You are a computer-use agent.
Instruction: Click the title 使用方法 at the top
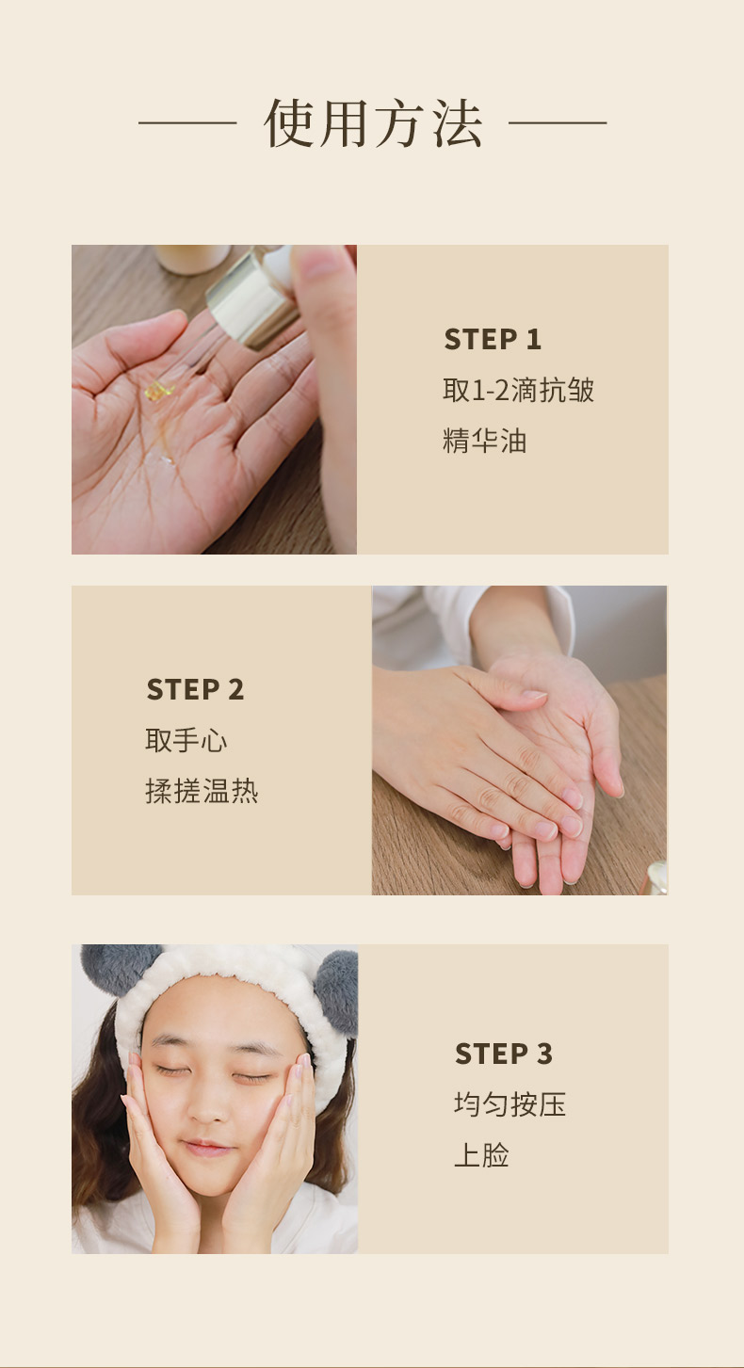pyautogui.click(x=373, y=123)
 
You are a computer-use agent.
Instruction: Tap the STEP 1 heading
pyautogui.click(x=493, y=340)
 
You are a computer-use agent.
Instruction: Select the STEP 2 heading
pyautogui.click(x=195, y=689)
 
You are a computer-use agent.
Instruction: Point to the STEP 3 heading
pyautogui.click(x=503, y=1054)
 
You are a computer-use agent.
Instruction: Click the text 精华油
pyautogui.click(x=484, y=441)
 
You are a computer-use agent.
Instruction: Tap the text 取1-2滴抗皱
pyautogui.click(x=518, y=390)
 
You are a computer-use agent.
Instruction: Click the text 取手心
pyautogui.click(x=186, y=740)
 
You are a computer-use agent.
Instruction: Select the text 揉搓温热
pyautogui.click(x=202, y=791)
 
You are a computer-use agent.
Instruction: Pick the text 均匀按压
pyautogui.click(x=509, y=1104)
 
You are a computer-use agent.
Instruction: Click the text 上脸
pyautogui.click(x=481, y=1155)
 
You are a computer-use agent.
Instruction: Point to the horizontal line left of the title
pyautogui.click(x=187, y=122)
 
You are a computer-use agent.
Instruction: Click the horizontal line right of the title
pyautogui.click(x=558, y=122)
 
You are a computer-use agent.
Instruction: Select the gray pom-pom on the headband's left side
pyautogui.click(x=118, y=970)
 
